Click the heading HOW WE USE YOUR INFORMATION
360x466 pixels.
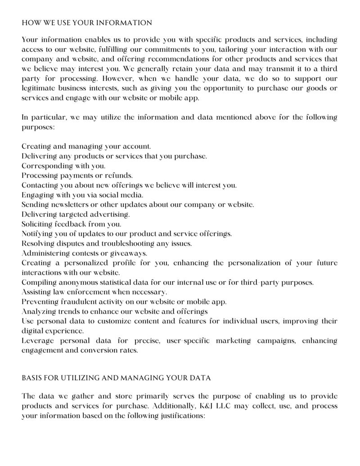pyautogui.click(x=87, y=22)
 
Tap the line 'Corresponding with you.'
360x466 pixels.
pyautogui.click(x=63, y=166)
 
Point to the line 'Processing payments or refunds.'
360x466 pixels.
pyautogui.click(x=77, y=175)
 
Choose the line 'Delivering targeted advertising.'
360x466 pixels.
pyautogui.click(x=76, y=214)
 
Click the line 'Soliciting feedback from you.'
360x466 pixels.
pyautogui.click(x=71, y=224)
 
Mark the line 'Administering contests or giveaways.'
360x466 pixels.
pyautogui.click(x=84, y=253)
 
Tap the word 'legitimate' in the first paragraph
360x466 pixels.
pyautogui.click(x=38, y=88)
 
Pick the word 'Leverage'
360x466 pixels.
pyautogui.click(x=37, y=341)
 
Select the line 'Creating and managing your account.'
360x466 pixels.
pyautogui.click(x=86, y=146)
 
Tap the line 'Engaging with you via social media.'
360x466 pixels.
pyautogui.click(x=82, y=195)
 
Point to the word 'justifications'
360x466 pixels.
pyautogui.click(x=182, y=416)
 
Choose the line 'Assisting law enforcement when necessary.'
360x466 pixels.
pyautogui.click(x=88, y=291)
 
